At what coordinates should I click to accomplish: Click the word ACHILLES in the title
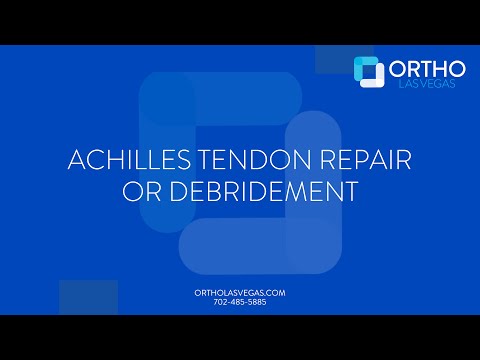[122, 161]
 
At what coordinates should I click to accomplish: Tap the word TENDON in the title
[239, 161]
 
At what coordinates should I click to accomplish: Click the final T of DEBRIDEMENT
[350, 191]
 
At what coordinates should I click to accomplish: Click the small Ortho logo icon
[369, 71]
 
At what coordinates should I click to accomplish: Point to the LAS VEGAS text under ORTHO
[427, 85]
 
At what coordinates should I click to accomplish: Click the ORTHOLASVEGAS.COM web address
[239, 292]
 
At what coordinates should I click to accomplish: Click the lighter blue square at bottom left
[88, 297]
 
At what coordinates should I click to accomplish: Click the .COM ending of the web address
[276, 292]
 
